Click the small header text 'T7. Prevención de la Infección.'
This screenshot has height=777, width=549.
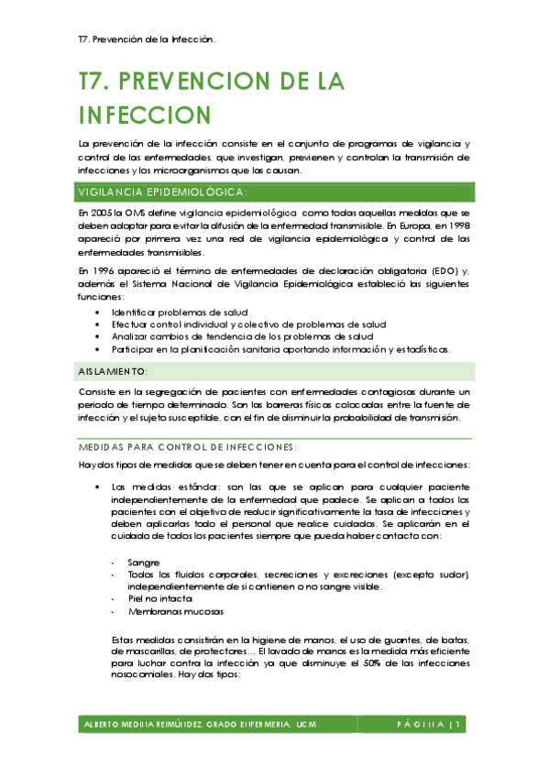(x=147, y=39)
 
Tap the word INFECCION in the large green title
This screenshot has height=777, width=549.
(x=145, y=115)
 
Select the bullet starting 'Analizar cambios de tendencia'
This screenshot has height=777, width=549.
(x=242, y=336)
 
